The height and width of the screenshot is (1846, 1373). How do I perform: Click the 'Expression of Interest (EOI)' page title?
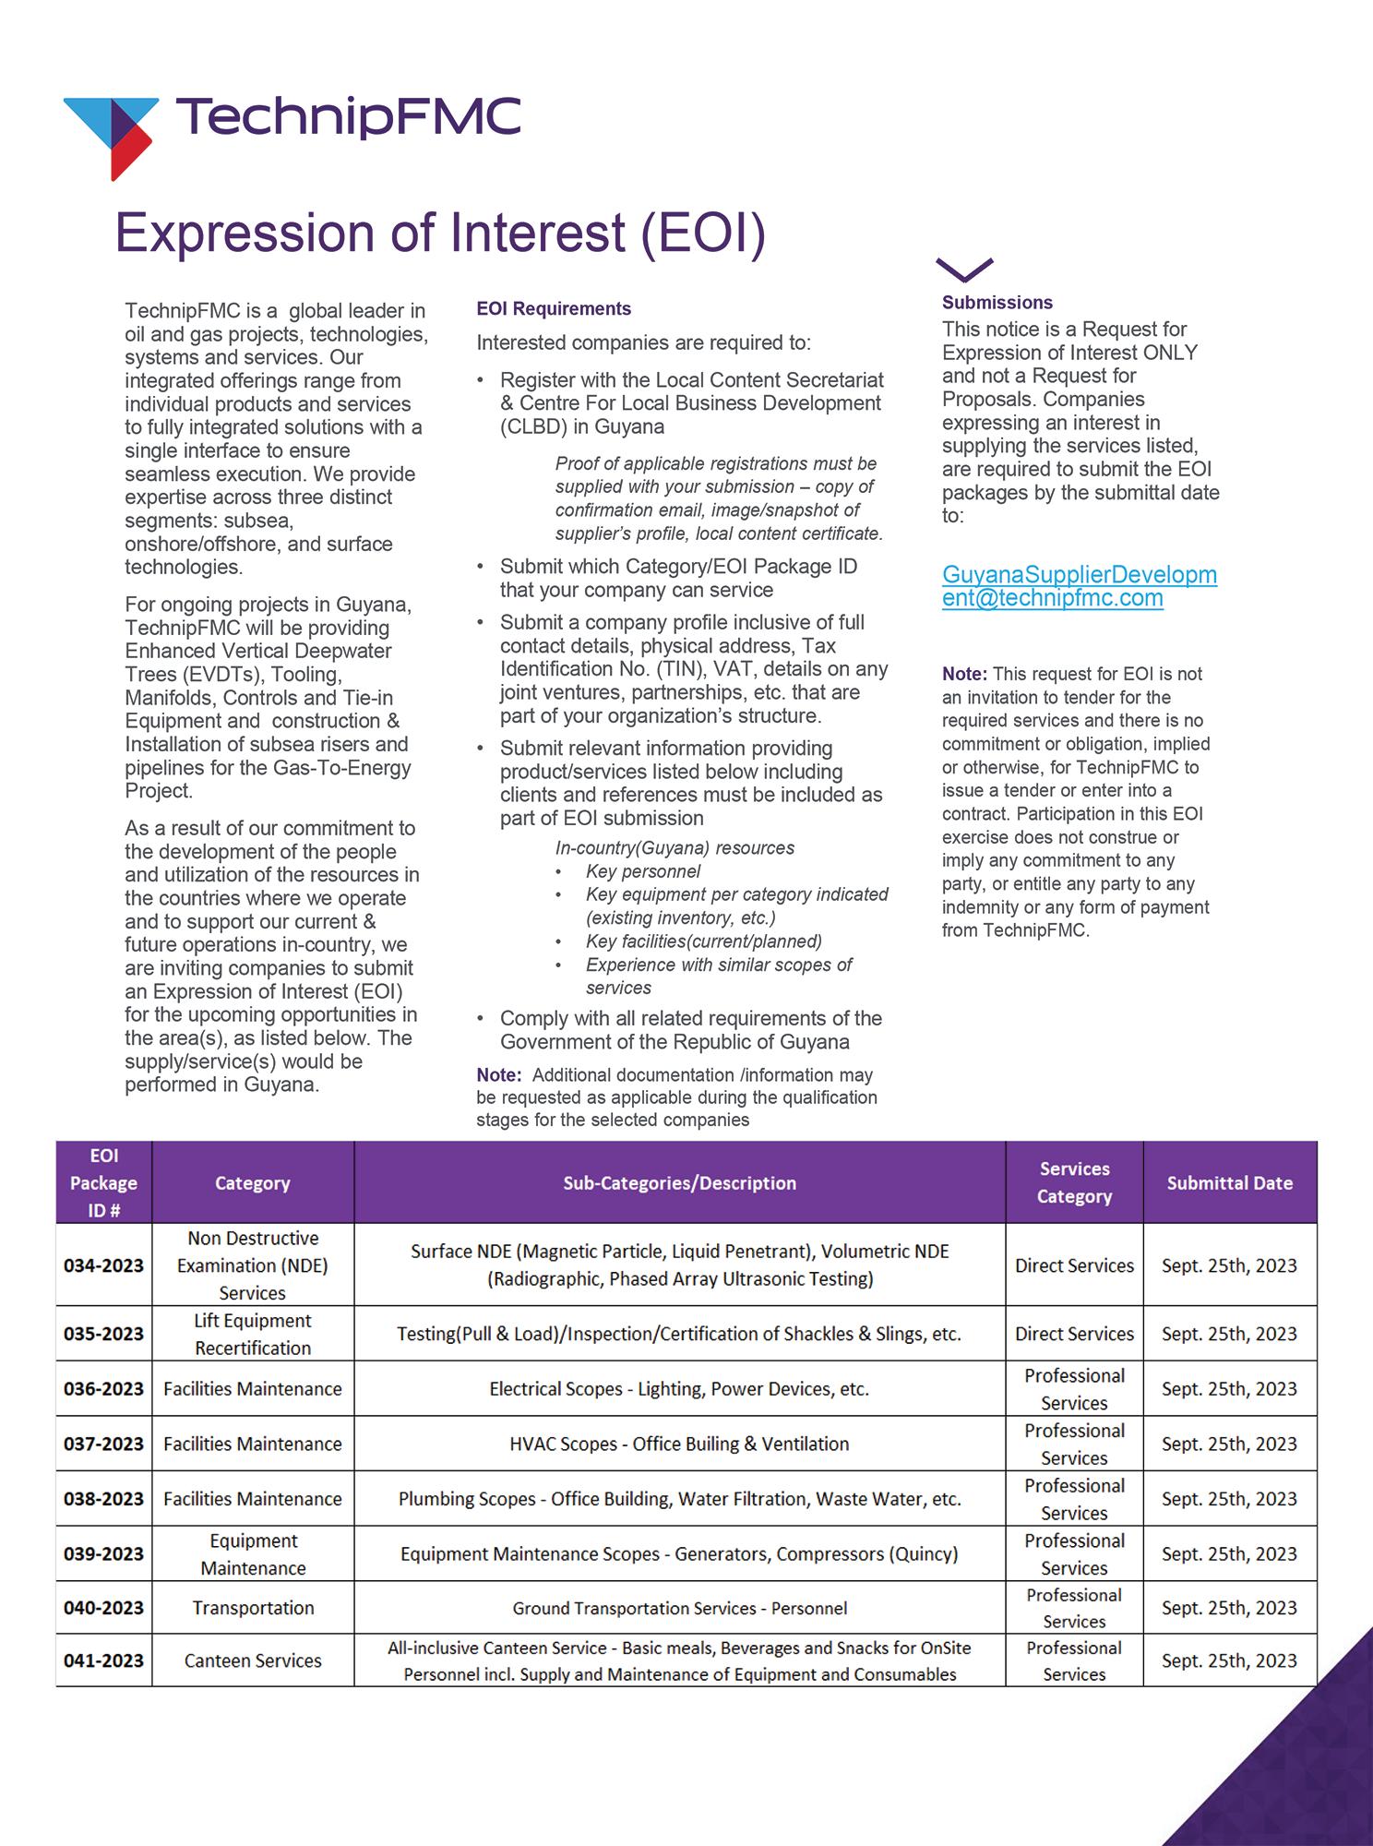(440, 232)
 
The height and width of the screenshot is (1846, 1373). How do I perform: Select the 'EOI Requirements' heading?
(554, 309)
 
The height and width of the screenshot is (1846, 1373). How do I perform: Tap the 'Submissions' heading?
(997, 303)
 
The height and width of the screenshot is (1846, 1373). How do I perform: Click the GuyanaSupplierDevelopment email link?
(1079, 586)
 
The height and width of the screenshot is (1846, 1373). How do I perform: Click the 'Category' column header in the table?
(252, 1183)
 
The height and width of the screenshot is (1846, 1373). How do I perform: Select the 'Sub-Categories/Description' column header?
(679, 1183)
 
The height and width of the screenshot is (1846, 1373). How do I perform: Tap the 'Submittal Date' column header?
(1229, 1183)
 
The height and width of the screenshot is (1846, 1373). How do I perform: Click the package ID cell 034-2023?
(103, 1265)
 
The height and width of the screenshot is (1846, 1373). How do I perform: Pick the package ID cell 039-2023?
(103, 1554)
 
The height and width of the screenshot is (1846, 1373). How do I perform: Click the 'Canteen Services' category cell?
(253, 1661)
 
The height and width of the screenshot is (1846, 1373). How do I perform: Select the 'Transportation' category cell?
(253, 1608)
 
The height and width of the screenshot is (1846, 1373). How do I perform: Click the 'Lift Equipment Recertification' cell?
(253, 1334)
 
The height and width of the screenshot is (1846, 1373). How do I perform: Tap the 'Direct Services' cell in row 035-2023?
(1074, 1334)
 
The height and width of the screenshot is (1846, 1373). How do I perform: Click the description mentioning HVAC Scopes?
(679, 1444)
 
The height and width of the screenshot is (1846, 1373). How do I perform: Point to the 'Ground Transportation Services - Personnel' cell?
(679, 1609)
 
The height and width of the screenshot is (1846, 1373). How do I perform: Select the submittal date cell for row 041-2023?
(1229, 1661)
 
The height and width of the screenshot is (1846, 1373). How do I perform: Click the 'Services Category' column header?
(1074, 1183)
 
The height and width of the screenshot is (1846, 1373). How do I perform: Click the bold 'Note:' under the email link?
(964, 675)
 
